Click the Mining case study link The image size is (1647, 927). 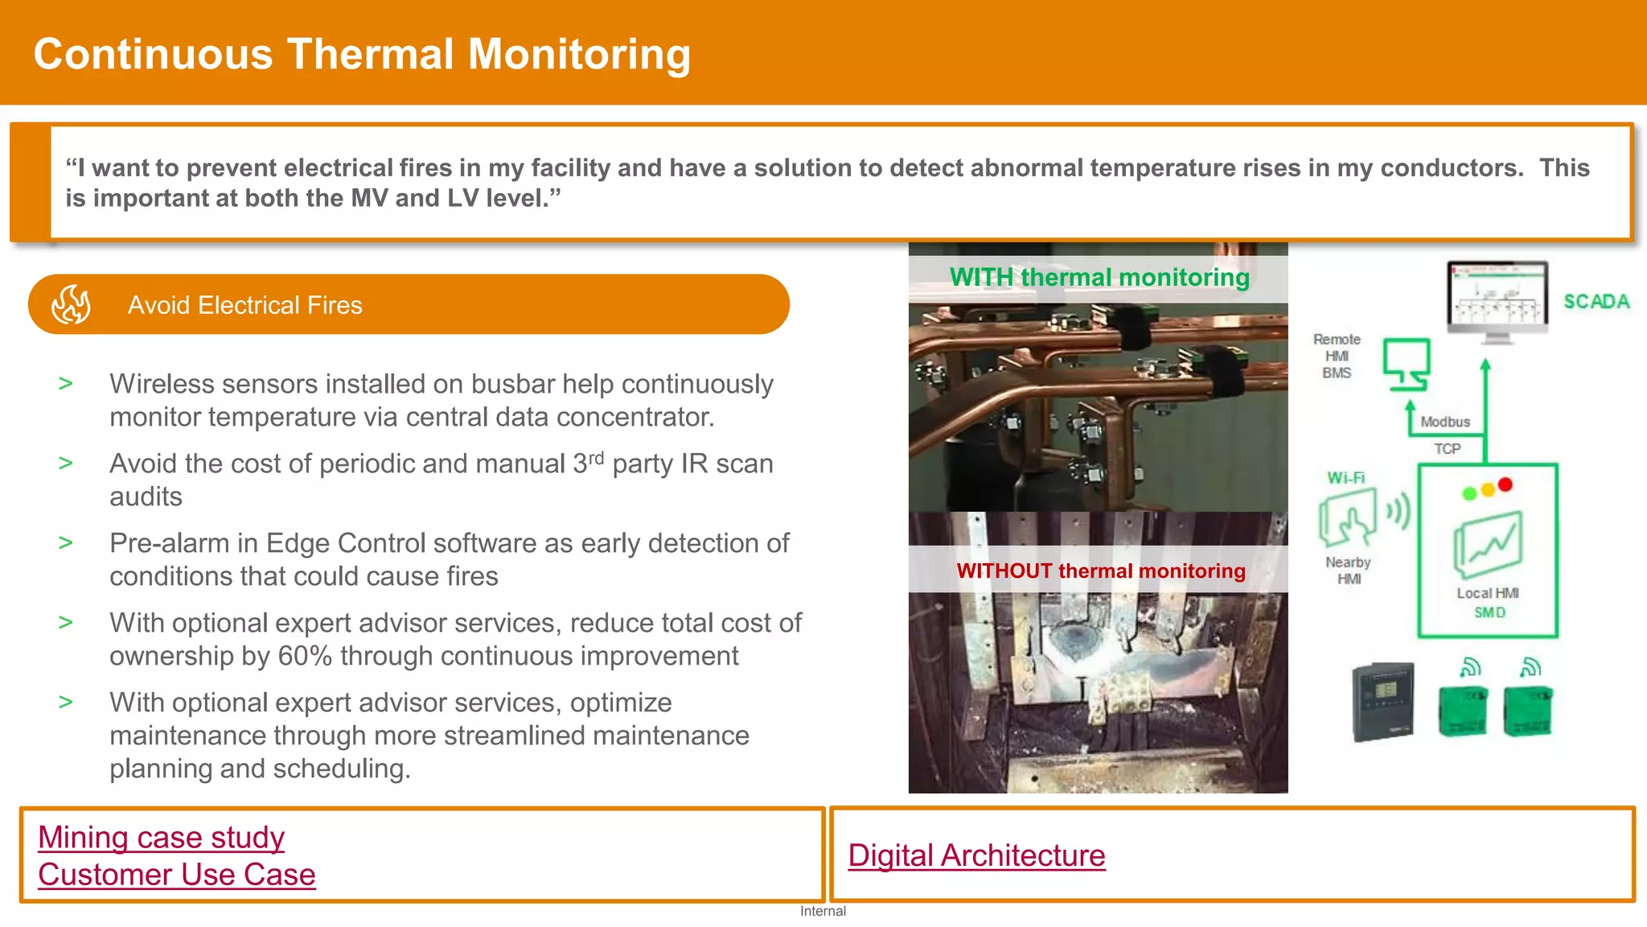161,838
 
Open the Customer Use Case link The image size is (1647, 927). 176,875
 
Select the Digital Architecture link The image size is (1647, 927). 976,855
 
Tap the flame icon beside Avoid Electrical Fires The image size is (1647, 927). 71,305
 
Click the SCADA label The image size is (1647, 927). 1596,302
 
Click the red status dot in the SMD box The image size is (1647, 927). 1505,484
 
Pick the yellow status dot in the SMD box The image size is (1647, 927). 1488,489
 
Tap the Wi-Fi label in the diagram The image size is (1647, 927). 1345,478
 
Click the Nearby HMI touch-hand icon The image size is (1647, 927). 1348,520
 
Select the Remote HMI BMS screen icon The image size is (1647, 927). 1407,365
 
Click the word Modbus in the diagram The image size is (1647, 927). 1444,422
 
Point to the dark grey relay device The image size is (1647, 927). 1383,701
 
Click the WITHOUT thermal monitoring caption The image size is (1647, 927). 1100,571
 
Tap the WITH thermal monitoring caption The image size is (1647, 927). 1099,278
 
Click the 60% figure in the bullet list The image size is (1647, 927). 305,657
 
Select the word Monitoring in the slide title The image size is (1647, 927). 579,55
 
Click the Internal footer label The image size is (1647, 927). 823,911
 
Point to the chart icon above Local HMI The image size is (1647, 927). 1488,546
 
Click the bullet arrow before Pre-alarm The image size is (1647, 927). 66,543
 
